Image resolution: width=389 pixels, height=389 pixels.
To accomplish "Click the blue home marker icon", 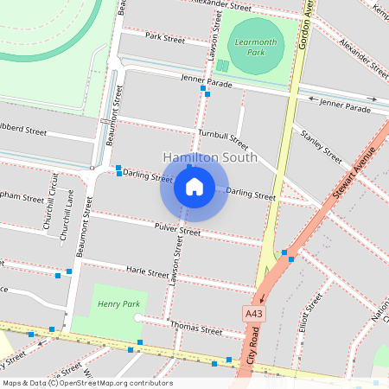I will (194, 186).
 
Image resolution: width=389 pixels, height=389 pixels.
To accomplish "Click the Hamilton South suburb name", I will (209, 157).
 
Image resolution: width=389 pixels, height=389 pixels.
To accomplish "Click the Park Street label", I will (165, 39).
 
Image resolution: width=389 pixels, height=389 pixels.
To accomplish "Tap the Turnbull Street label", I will (223, 139).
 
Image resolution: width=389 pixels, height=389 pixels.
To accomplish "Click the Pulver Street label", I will (176, 229).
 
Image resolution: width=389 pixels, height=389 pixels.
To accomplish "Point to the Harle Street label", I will (147, 271).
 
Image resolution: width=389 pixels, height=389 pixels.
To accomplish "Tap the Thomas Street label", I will (197, 328).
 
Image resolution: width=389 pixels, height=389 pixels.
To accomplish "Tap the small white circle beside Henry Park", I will (137, 318).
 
